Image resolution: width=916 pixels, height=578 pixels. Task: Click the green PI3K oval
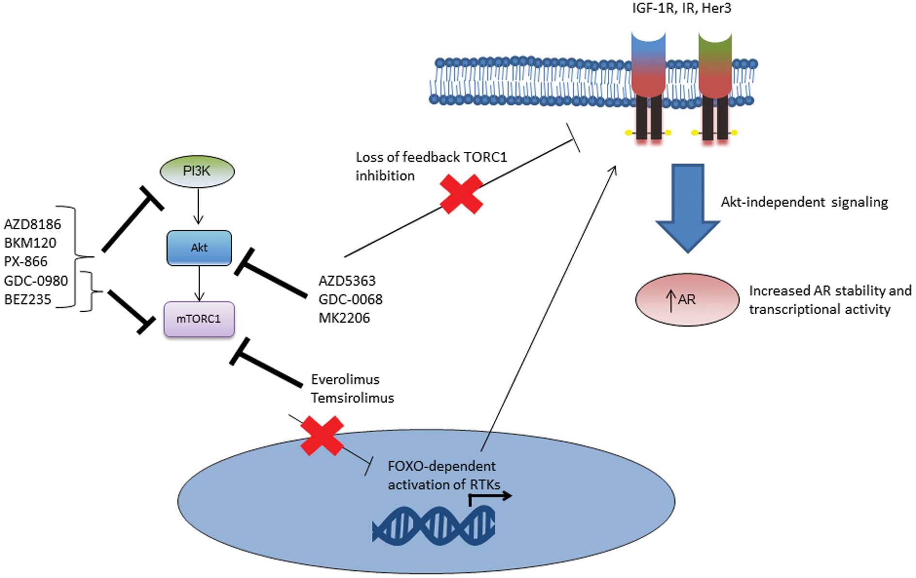197,171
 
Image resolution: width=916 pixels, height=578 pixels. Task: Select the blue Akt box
199,248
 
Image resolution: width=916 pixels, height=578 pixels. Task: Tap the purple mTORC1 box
199,319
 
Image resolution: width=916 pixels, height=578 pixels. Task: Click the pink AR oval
687,300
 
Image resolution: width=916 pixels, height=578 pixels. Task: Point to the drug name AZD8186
32,225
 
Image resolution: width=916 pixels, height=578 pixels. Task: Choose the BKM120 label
30,243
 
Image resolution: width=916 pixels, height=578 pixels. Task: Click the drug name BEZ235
28,300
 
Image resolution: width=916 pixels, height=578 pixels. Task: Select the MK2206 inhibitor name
344,318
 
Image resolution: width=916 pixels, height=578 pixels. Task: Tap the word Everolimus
345,379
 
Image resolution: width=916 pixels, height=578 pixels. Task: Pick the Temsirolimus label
352,398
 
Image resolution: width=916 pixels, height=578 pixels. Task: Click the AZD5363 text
347,281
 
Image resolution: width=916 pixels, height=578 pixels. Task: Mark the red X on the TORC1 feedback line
461,194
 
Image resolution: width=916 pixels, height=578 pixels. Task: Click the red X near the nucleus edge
322,435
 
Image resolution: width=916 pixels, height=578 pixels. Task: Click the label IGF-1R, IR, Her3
681,8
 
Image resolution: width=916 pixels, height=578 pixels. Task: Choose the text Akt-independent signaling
805,202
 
